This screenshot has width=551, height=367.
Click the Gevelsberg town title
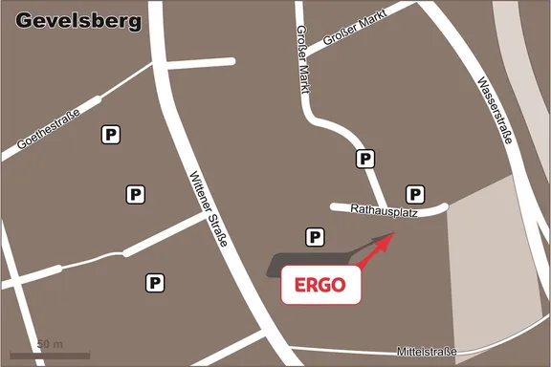pyautogui.click(x=78, y=20)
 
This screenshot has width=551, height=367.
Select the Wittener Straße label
pyautogui.click(x=208, y=209)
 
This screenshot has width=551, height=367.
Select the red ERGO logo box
pyautogui.click(x=320, y=285)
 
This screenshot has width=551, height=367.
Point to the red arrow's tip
pyautogui.click(x=392, y=235)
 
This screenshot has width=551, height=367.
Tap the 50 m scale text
pyautogui.click(x=50, y=342)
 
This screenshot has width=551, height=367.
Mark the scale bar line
pyautogui.click(x=50, y=355)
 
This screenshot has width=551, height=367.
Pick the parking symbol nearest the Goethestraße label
pyautogui.click(x=111, y=136)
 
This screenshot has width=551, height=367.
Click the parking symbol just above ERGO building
pyautogui.click(x=313, y=236)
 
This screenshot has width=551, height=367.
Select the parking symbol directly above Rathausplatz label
pyautogui.click(x=415, y=193)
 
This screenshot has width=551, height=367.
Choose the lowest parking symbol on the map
pyautogui.click(x=153, y=282)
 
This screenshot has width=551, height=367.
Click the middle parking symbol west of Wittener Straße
pyautogui.click(x=136, y=194)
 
